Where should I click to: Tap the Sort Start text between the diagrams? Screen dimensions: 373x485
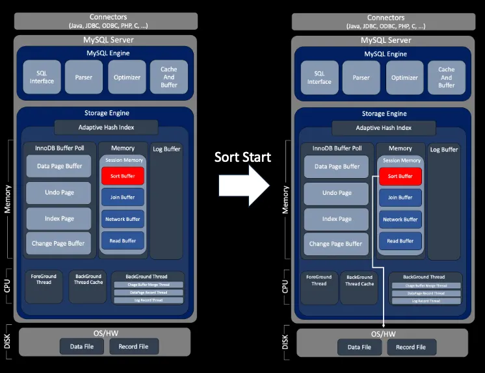coord(242,157)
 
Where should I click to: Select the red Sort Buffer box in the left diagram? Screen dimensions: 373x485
coord(122,175)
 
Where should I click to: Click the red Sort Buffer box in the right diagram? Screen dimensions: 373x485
coord(400,176)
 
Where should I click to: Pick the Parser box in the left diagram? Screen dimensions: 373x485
coord(83,77)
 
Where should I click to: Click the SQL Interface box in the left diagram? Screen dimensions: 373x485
coord(42,77)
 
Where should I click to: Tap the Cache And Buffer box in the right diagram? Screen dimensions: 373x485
coord(446,77)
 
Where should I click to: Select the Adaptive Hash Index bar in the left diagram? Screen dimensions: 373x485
coord(106,127)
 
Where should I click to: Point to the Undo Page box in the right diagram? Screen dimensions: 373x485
coord(336,193)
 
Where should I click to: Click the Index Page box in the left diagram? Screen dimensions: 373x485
coord(59,218)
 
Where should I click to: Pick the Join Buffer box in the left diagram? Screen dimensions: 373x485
coord(122,197)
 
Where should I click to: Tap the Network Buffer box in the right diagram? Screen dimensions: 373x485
coord(400,220)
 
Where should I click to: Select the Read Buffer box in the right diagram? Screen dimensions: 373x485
coord(400,241)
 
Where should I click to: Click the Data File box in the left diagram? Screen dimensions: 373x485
coord(81,346)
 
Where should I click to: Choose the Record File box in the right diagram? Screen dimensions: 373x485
coord(411,347)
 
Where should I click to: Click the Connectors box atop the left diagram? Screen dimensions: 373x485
coord(106,21)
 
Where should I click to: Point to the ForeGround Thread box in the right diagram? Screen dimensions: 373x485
coord(319,280)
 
